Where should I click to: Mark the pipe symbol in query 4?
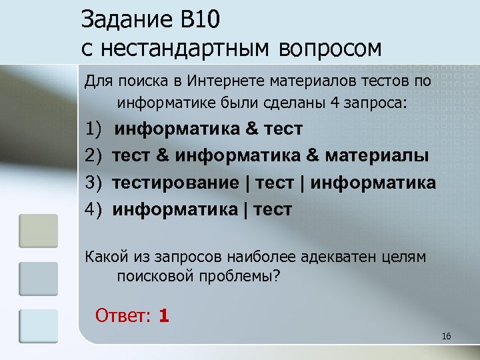click(x=247, y=210)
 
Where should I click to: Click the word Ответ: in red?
click(x=124, y=315)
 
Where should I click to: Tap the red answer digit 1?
click(x=164, y=315)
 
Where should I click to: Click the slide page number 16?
click(x=446, y=336)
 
